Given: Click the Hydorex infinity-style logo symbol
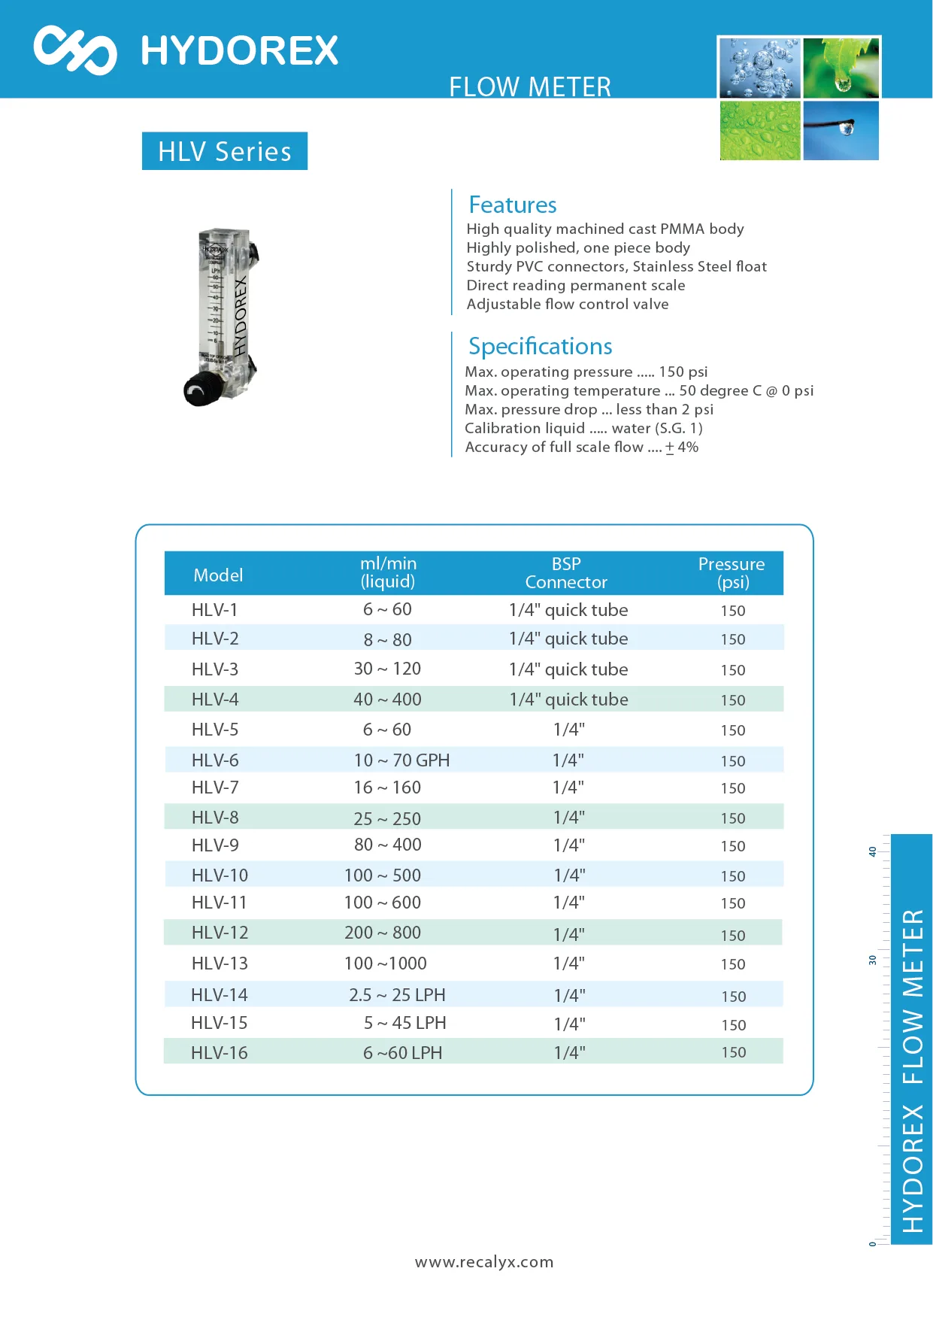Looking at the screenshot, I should [x=75, y=50].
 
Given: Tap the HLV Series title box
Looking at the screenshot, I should [x=224, y=151].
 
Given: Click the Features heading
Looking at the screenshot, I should [x=512, y=205].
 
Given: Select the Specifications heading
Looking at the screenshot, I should [x=540, y=346].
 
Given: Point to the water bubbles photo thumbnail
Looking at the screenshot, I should [x=759, y=68].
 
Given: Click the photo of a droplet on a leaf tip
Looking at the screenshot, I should [x=841, y=68].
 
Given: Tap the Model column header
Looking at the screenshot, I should [x=218, y=575].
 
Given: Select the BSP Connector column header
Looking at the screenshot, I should [x=566, y=573].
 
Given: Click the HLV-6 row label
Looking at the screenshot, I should [x=215, y=760].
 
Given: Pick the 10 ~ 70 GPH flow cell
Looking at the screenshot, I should [x=401, y=760].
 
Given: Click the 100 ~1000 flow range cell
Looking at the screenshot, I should [x=386, y=963].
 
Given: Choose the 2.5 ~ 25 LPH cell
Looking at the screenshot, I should [x=397, y=995].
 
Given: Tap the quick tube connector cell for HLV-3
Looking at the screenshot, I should [x=568, y=669].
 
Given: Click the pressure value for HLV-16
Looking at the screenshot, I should [x=733, y=1052].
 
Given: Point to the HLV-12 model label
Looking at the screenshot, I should [x=220, y=933].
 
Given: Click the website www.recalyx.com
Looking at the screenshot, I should [x=484, y=1262].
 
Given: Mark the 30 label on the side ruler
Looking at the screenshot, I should [x=872, y=960].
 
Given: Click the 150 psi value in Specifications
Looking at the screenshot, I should [x=683, y=372].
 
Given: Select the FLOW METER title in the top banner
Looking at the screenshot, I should [x=530, y=87].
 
